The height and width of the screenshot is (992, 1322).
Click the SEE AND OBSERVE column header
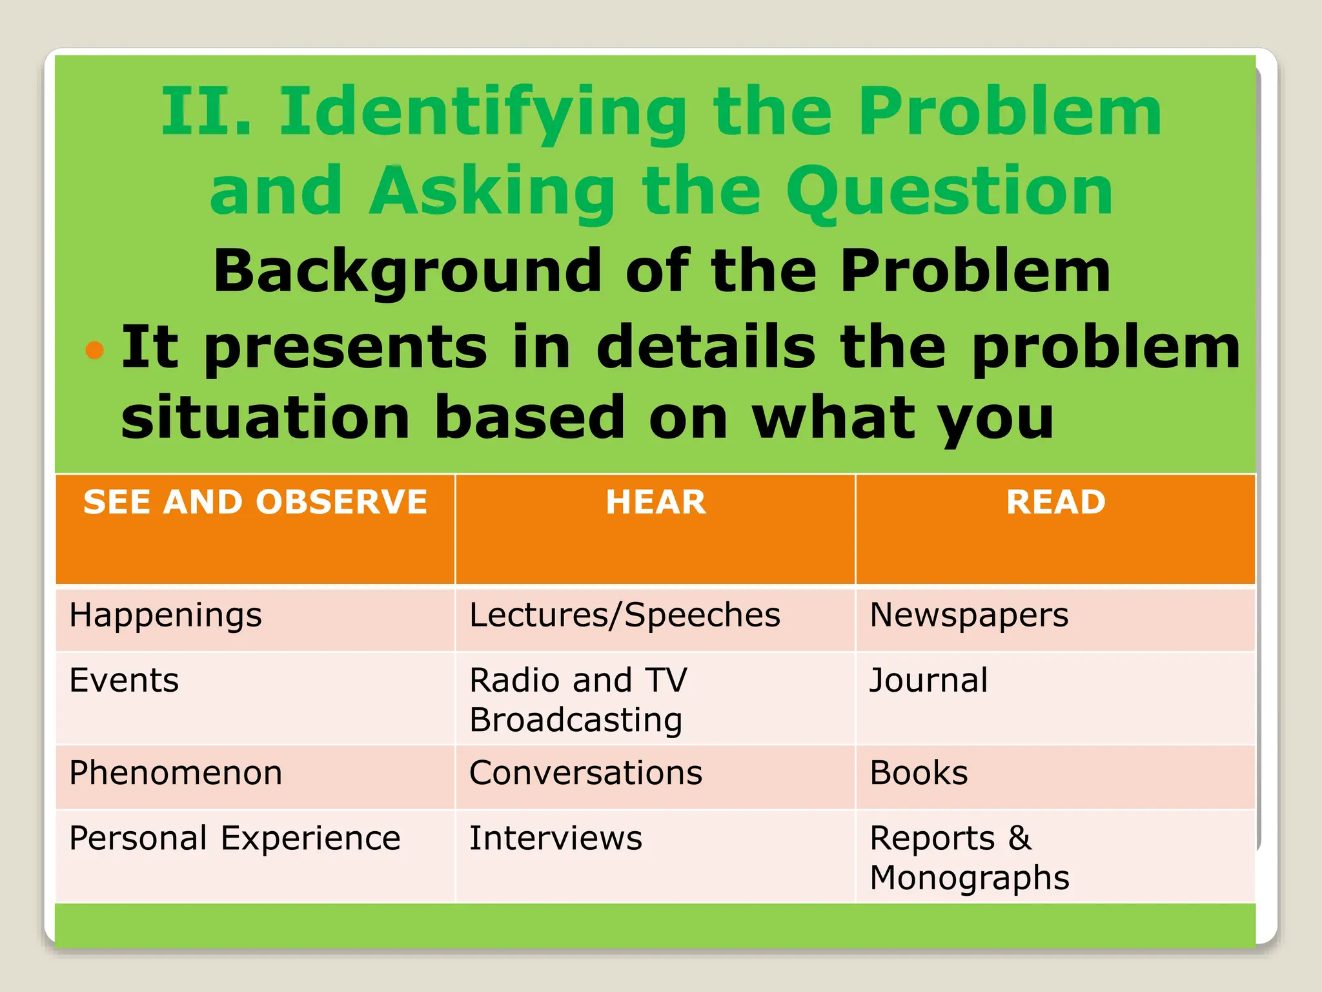click(x=255, y=502)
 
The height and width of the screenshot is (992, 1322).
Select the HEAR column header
click(x=656, y=502)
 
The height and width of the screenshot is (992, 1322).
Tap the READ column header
click(x=1056, y=502)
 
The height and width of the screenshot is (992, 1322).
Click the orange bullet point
click(x=95, y=350)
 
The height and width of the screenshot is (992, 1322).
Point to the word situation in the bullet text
click(x=265, y=418)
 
